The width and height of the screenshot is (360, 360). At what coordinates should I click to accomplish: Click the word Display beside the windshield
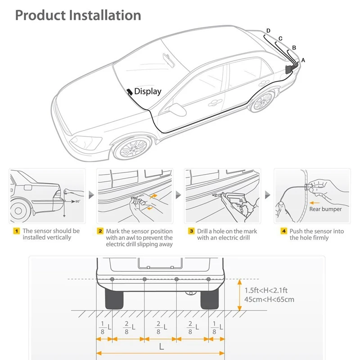coord(148,91)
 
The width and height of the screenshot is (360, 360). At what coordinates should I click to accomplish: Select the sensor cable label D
coord(268,31)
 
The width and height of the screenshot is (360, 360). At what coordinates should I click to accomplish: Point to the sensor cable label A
coord(303,59)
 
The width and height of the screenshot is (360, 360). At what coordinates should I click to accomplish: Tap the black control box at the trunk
coord(288,70)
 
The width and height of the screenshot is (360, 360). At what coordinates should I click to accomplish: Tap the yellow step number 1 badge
coord(17,231)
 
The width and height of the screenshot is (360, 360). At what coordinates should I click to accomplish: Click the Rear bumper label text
coord(325,209)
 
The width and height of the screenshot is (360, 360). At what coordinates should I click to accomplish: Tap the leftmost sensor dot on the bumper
coord(112,280)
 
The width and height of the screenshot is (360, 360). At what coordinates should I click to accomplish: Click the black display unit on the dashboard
coord(130,91)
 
